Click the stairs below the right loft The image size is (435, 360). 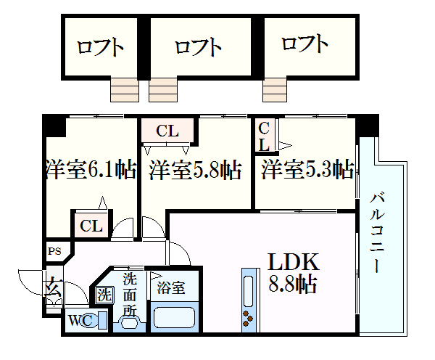(275, 90)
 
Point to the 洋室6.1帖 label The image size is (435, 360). (90, 171)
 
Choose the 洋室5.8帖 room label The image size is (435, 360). (196, 171)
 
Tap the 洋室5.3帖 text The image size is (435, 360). (307, 170)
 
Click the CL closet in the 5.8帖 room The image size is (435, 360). (167, 131)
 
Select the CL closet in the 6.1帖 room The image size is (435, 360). (91, 226)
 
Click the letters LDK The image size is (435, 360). (295, 262)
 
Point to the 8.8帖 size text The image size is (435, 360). (294, 283)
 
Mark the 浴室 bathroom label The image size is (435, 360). (172, 287)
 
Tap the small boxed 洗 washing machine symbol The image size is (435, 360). (104, 296)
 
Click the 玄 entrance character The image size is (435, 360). (53, 286)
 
